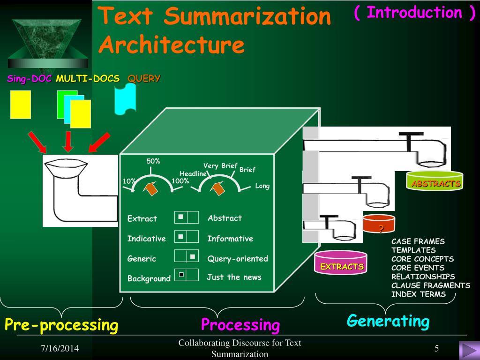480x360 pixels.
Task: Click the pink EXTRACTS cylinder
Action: point(341,263)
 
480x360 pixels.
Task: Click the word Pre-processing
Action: point(61,324)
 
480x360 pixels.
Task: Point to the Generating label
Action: point(388,321)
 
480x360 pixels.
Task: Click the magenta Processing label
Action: point(240,324)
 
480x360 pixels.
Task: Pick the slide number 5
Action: point(436,348)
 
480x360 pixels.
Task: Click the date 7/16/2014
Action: point(60,349)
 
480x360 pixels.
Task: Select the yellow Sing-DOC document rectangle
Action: point(21,104)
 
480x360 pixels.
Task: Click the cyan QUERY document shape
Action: point(125,98)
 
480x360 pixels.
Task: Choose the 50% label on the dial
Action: point(153,161)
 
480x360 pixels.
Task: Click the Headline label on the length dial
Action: point(193,174)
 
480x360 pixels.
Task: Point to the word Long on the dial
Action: point(262,186)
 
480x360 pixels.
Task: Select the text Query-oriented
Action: point(238,259)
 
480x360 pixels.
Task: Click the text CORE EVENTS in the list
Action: point(418,268)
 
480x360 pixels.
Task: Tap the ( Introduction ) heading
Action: point(414,13)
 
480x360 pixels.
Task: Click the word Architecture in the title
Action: point(172,45)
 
